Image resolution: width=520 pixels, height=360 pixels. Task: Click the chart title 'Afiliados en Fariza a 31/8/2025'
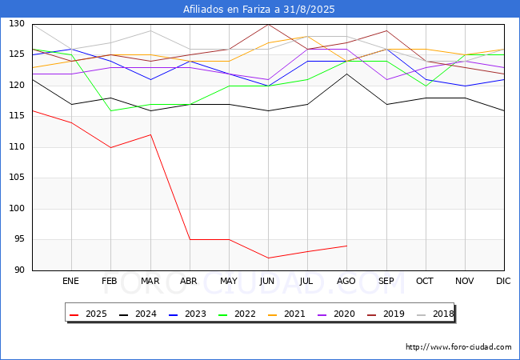coord(258,10)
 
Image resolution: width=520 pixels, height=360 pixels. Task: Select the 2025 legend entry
coord(88,314)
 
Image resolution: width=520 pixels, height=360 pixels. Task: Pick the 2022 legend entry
coord(237,314)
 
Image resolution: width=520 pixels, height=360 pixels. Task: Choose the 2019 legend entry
coord(386,314)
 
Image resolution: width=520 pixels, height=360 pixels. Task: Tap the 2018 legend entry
coord(435,314)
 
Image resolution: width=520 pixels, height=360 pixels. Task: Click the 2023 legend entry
coord(187,314)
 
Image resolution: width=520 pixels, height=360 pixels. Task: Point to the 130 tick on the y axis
coord(17,23)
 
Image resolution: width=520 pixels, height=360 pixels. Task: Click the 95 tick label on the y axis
coord(19,239)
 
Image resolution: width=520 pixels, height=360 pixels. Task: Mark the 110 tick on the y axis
coord(17,147)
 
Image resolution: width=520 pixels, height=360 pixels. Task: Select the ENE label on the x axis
coord(70,281)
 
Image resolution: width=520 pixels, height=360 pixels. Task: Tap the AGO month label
coord(346,281)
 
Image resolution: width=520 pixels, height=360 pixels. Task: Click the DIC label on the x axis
coord(503,281)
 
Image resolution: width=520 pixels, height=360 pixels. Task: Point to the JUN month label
coord(267,281)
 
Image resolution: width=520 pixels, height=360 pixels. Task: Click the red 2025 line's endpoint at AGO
coord(347,246)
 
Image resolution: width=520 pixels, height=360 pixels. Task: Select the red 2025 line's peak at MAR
coord(150,134)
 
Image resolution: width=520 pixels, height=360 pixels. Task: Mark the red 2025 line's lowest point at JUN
coord(268,258)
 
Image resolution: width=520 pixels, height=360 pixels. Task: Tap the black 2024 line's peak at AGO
coord(347,74)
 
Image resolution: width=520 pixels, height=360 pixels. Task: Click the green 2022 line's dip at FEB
coord(110,110)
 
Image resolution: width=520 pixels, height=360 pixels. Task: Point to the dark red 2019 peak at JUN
coord(268,25)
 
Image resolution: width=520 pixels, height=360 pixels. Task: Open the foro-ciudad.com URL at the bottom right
coord(458,347)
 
